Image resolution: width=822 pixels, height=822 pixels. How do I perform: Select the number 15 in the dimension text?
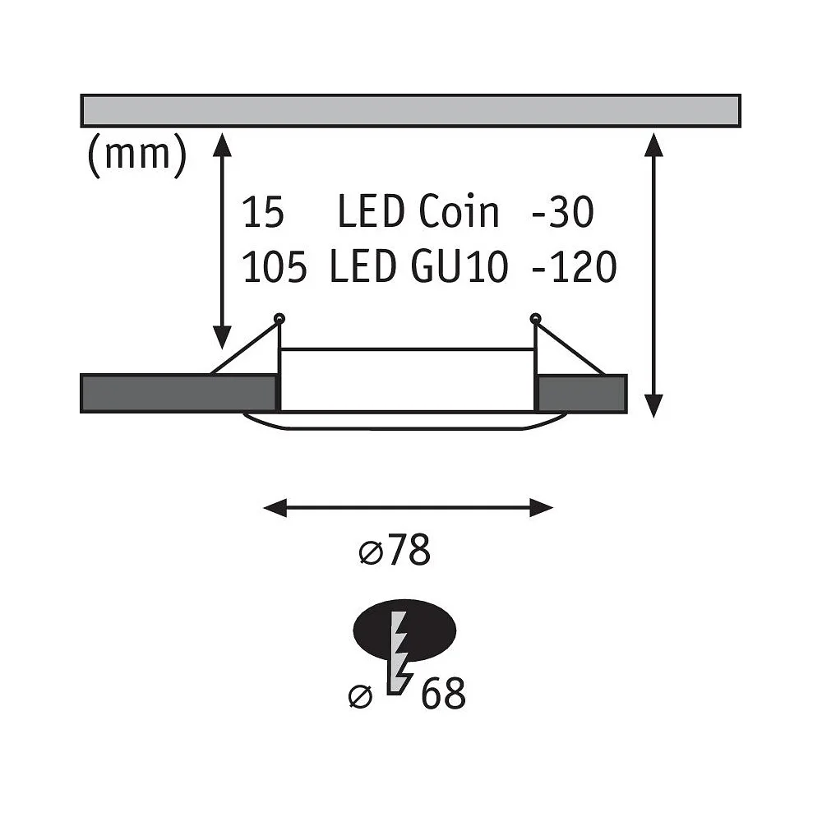pos(264,212)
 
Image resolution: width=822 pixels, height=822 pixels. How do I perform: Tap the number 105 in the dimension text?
pos(275,267)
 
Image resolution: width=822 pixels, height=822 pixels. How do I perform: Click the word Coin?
pos(459,211)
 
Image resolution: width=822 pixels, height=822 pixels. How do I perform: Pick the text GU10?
pos(459,267)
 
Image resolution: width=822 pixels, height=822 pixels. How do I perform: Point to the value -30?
pos(562,212)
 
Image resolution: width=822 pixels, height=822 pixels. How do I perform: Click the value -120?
pos(574,267)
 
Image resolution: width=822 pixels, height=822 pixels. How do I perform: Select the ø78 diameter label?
pos(395,550)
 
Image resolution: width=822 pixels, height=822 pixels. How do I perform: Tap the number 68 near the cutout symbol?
pos(443,693)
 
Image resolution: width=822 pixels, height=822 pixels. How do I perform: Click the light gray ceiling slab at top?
pos(410,111)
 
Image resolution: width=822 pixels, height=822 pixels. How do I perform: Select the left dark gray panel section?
pos(178,393)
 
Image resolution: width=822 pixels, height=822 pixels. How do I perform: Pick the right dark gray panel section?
pos(582,393)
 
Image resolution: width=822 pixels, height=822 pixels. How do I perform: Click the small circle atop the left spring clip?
pos(279,317)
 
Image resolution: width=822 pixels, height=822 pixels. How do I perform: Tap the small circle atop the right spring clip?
pos(535,317)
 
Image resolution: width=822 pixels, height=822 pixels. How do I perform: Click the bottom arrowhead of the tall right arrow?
pos(653,406)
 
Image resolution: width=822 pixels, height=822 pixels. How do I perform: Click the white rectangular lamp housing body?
pos(407,380)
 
